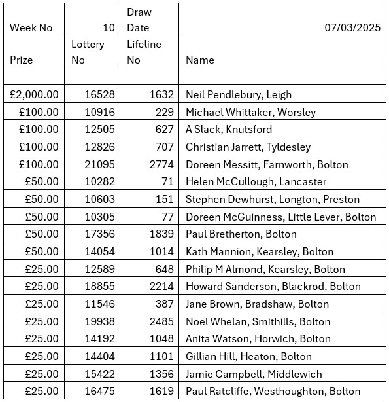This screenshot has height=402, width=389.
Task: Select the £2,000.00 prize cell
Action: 35,94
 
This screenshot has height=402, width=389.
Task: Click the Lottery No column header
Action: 88,52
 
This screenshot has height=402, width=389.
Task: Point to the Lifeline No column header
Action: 144,52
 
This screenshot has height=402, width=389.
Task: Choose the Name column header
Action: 200,60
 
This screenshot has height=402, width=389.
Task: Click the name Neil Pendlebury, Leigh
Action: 239,94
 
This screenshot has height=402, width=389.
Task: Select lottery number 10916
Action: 100,112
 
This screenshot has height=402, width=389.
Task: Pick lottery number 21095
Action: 100,164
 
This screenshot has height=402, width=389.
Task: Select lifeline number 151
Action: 165,199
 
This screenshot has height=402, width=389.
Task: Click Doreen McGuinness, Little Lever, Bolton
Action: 280,217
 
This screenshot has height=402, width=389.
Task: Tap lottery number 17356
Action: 100,234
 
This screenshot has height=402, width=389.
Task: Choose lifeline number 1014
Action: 161,251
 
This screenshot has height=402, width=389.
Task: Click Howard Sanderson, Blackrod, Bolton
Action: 273,286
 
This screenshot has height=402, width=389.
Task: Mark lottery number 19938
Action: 100,321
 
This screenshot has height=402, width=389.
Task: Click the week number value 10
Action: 109,27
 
